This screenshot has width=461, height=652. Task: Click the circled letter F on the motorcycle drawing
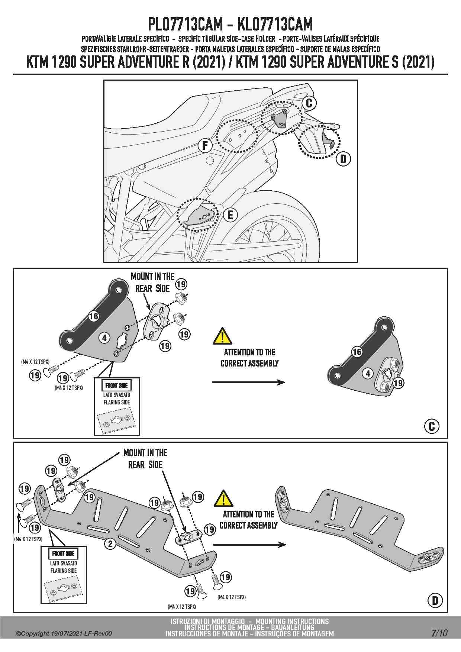point(205,145)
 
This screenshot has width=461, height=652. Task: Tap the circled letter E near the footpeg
point(230,215)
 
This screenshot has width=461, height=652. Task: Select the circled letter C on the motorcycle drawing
point(309,103)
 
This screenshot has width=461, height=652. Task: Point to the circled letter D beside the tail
point(343,159)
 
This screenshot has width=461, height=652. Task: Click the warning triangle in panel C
point(222,336)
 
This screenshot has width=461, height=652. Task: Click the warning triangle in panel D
point(223,498)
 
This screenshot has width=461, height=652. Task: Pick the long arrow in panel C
point(248,382)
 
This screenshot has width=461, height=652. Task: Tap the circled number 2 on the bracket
point(110,544)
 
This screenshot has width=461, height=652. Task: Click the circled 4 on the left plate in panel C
point(104,338)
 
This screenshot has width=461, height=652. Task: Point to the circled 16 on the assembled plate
point(357,352)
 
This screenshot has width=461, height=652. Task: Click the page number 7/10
point(439,633)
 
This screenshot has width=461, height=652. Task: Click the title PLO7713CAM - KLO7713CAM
point(230,25)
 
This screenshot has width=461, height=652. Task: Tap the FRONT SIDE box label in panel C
point(116,385)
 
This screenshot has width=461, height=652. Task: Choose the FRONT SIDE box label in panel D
point(63,553)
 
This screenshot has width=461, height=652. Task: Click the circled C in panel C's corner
point(432,426)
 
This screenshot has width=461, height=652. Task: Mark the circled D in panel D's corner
point(435,600)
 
